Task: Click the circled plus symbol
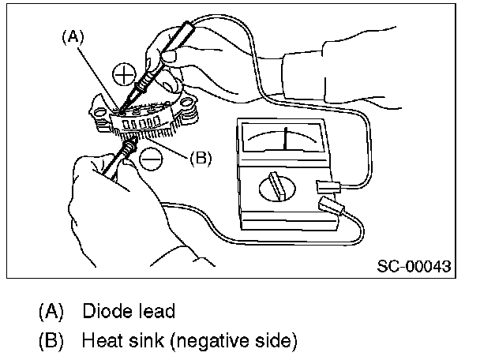123,75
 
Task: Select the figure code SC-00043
413,266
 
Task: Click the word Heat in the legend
99,341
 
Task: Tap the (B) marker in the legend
51,341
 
